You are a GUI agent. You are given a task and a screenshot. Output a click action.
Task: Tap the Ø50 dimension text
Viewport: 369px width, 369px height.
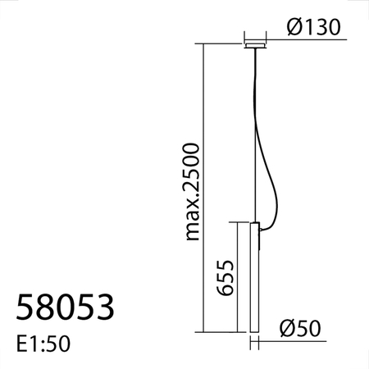click(299, 328)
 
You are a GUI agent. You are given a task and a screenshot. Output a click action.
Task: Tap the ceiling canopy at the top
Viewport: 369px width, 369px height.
click(256, 43)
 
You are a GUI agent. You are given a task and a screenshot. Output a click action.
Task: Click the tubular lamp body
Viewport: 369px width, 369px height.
click(255, 279)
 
